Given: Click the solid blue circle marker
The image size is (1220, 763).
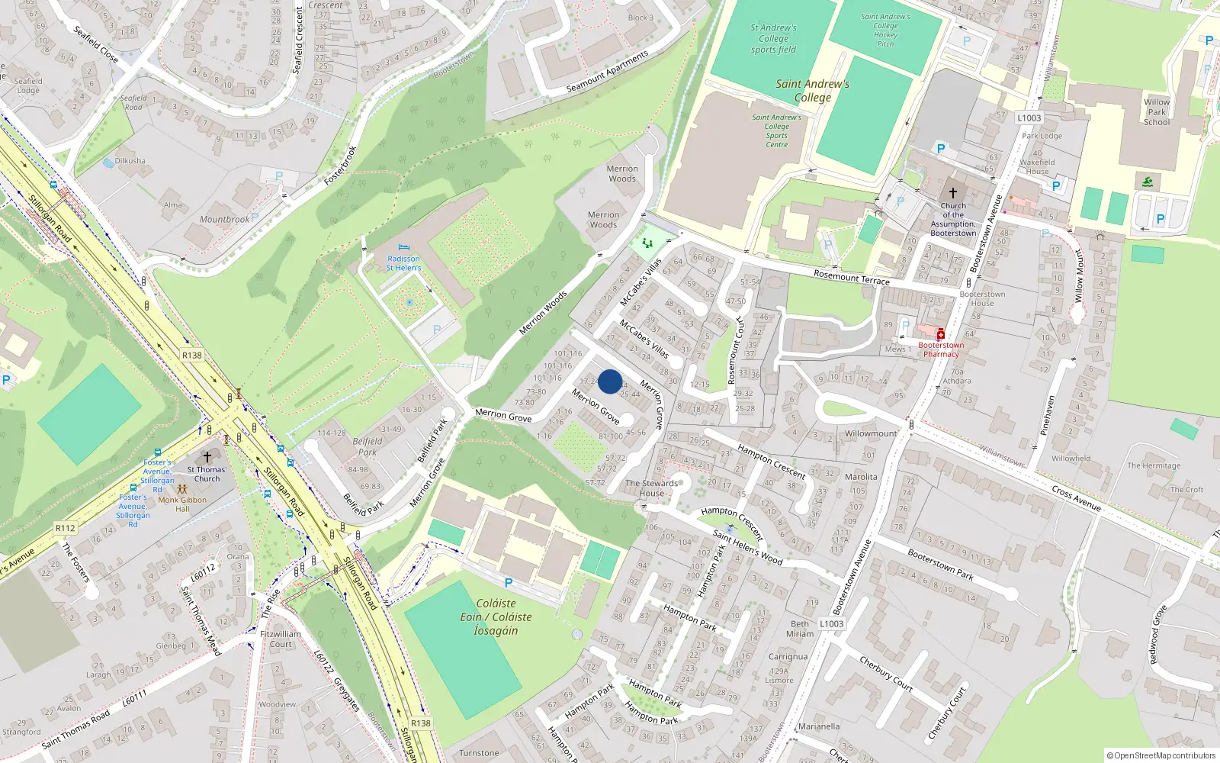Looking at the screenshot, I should [x=610, y=381].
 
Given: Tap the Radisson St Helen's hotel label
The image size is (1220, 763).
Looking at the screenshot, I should [x=403, y=263].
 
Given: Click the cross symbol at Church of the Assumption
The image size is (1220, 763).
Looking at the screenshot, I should [x=952, y=193].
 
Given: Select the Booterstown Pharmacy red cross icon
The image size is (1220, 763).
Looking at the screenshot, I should [x=941, y=334].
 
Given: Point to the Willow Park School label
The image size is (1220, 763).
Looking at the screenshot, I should [x=1156, y=112].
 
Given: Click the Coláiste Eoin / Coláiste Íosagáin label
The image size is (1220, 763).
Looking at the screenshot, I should [x=496, y=617].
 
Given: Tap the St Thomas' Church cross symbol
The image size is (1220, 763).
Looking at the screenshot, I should [x=207, y=456].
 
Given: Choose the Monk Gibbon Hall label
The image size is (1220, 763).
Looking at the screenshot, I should [x=182, y=504].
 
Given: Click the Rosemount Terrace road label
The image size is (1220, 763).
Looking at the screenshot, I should [x=851, y=277].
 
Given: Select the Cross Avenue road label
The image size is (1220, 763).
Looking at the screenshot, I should [x=1076, y=497].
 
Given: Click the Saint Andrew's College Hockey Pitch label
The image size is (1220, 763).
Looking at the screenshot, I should [x=885, y=30].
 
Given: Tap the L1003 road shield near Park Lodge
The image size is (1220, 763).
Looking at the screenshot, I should [x=1029, y=118].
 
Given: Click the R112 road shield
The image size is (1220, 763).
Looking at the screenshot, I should [x=66, y=528].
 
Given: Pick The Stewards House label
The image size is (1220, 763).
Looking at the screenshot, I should [x=651, y=488].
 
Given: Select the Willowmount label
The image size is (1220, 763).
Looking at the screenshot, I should [x=871, y=433].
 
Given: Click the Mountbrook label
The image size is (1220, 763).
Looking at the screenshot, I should [x=224, y=220].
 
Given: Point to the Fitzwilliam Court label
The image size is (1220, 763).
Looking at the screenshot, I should [x=281, y=639].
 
